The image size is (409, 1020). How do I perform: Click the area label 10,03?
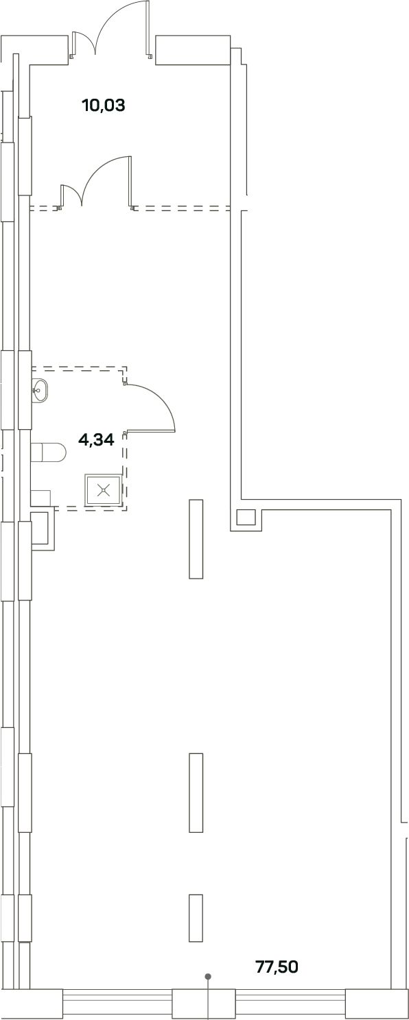click(x=104, y=106)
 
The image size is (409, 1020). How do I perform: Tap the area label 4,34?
click(x=96, y=440)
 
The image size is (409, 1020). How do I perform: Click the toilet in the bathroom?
click(x=49, y=452)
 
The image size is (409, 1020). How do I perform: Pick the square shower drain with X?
click(x=104, y=490)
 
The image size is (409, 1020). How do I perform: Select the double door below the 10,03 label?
click(x=97, y=183)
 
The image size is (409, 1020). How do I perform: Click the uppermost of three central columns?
click(x=196, y=539)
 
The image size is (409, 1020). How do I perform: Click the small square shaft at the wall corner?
click(x=246, y=518)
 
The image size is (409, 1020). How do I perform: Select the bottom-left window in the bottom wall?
click(x=117, y=1003)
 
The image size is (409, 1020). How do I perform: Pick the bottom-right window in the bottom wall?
click(x=290, y=1003)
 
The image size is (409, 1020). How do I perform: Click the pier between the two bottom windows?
click(x=204, y=1003)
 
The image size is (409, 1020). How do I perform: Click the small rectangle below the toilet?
click(x=40, y=498)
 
